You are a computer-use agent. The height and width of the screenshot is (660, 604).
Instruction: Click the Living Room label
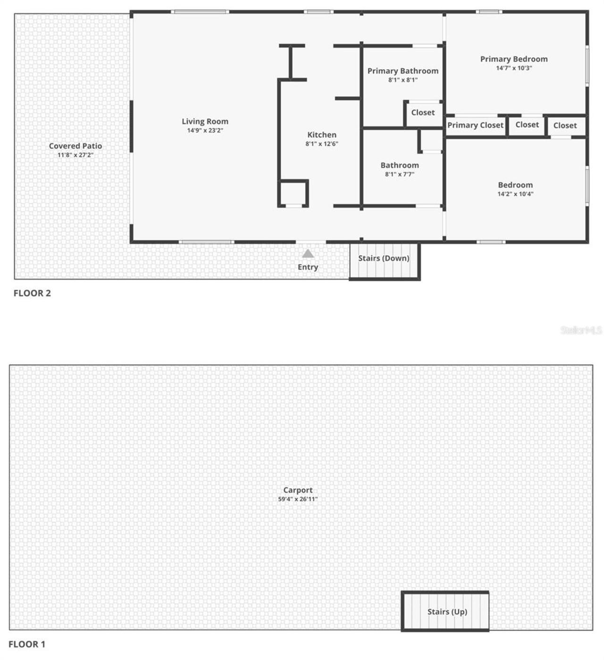click(205, 121)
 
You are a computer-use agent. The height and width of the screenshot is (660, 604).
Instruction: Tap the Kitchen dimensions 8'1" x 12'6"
click(321, 144)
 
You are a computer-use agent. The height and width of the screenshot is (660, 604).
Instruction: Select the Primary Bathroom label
click(403, 71)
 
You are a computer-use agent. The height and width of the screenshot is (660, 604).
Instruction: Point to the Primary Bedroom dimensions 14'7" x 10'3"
click(514, 68)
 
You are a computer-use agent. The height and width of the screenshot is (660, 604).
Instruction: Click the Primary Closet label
click(475, 125)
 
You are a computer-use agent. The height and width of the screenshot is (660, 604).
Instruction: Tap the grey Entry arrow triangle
click(308, 254)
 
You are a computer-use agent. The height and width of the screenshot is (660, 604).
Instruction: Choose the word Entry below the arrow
click(308, 267)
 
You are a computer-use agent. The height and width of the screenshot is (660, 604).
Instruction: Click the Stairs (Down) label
click(384, 258)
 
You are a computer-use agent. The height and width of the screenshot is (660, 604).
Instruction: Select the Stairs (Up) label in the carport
click(447, 611)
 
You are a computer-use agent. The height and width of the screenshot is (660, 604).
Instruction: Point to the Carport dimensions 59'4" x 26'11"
click(298, 499)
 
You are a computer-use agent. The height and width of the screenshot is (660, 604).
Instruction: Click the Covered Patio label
click(75, 146)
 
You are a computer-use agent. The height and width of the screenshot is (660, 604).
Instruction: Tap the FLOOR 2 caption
click(32, 293)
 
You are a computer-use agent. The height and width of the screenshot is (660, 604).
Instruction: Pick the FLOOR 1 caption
click(27, 644)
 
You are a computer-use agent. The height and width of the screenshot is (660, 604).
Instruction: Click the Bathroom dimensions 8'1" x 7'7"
click(400, 174)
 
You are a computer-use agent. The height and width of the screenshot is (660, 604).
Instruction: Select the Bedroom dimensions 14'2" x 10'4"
click(515, 194)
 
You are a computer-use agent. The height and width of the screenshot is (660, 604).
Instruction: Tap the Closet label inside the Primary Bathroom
click(423, 112)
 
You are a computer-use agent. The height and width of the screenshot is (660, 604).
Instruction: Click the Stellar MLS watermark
click(581, 330)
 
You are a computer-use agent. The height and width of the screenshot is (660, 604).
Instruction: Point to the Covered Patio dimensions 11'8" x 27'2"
click(75, 155)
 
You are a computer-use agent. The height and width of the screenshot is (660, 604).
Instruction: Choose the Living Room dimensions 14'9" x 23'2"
click(205, 130)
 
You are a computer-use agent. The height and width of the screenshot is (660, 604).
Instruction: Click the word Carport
click(298, 490)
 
